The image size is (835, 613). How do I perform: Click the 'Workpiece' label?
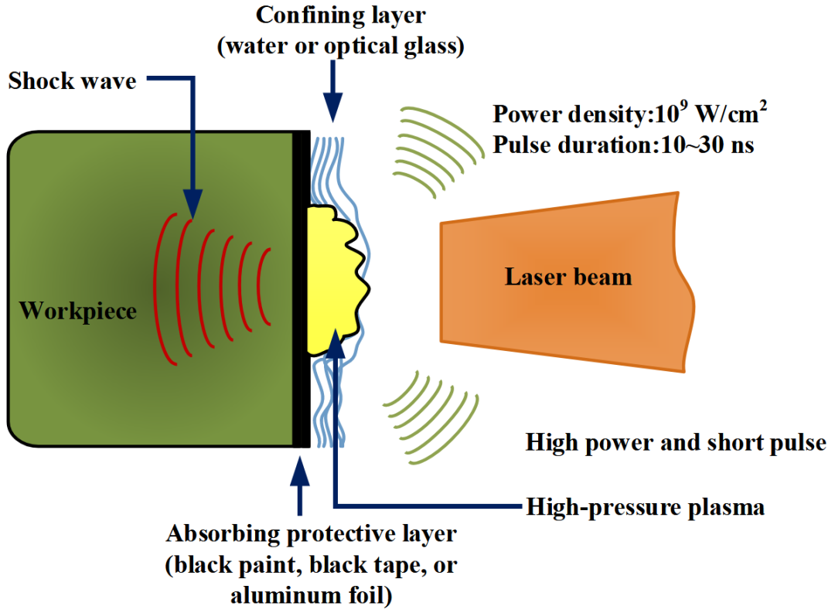(x=77, y=311)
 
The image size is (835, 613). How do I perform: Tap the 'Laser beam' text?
(x=568, y=277)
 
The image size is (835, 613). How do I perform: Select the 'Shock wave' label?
(x=72, y=80)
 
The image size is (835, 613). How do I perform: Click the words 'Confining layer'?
(x=340, y=15)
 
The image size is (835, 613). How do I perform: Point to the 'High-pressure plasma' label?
(x=645, y=507)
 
